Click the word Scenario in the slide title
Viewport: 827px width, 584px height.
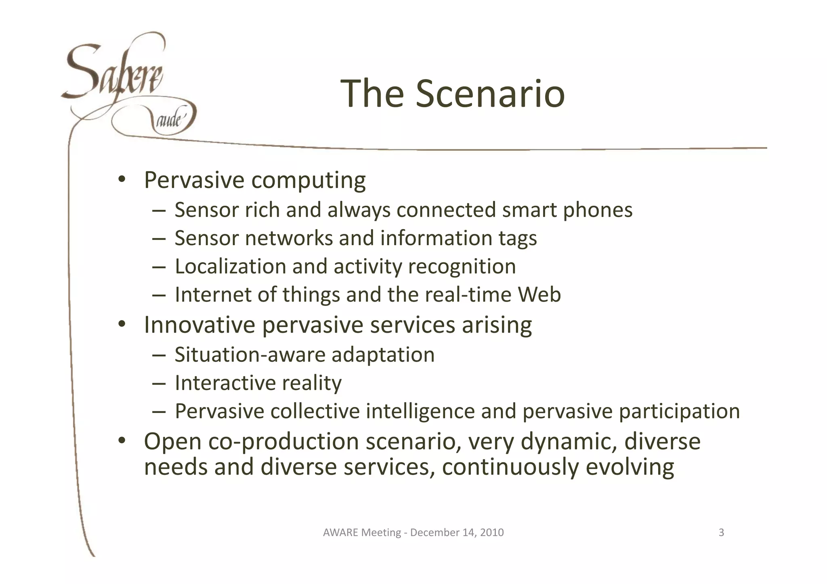490,94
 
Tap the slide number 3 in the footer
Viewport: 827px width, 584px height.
721,532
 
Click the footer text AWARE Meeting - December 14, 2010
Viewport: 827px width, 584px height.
413,532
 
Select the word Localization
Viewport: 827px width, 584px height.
230,267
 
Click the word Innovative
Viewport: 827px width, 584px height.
199,325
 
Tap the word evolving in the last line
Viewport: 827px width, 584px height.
630,467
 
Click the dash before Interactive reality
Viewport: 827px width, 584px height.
159,383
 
